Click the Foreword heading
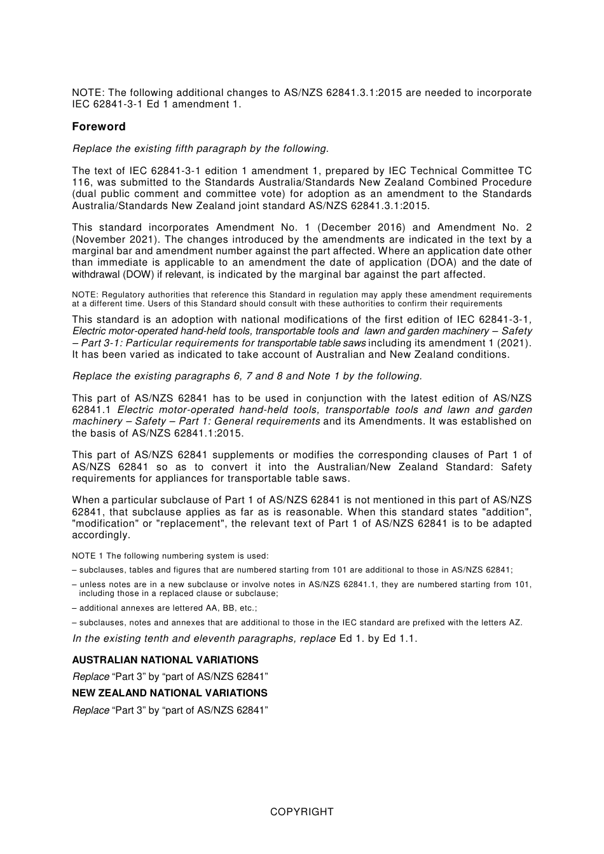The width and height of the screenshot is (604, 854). pos(99,126)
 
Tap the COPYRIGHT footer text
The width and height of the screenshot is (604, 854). pos(301,811)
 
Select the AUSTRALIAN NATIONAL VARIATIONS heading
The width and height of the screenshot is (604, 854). pos(165,660)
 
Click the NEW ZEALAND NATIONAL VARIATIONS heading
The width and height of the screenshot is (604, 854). pos(170,693)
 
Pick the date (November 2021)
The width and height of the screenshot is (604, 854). pos(113,240)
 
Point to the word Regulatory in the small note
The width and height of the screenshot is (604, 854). pos(121,295)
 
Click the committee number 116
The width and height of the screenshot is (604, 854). pos(81,182)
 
